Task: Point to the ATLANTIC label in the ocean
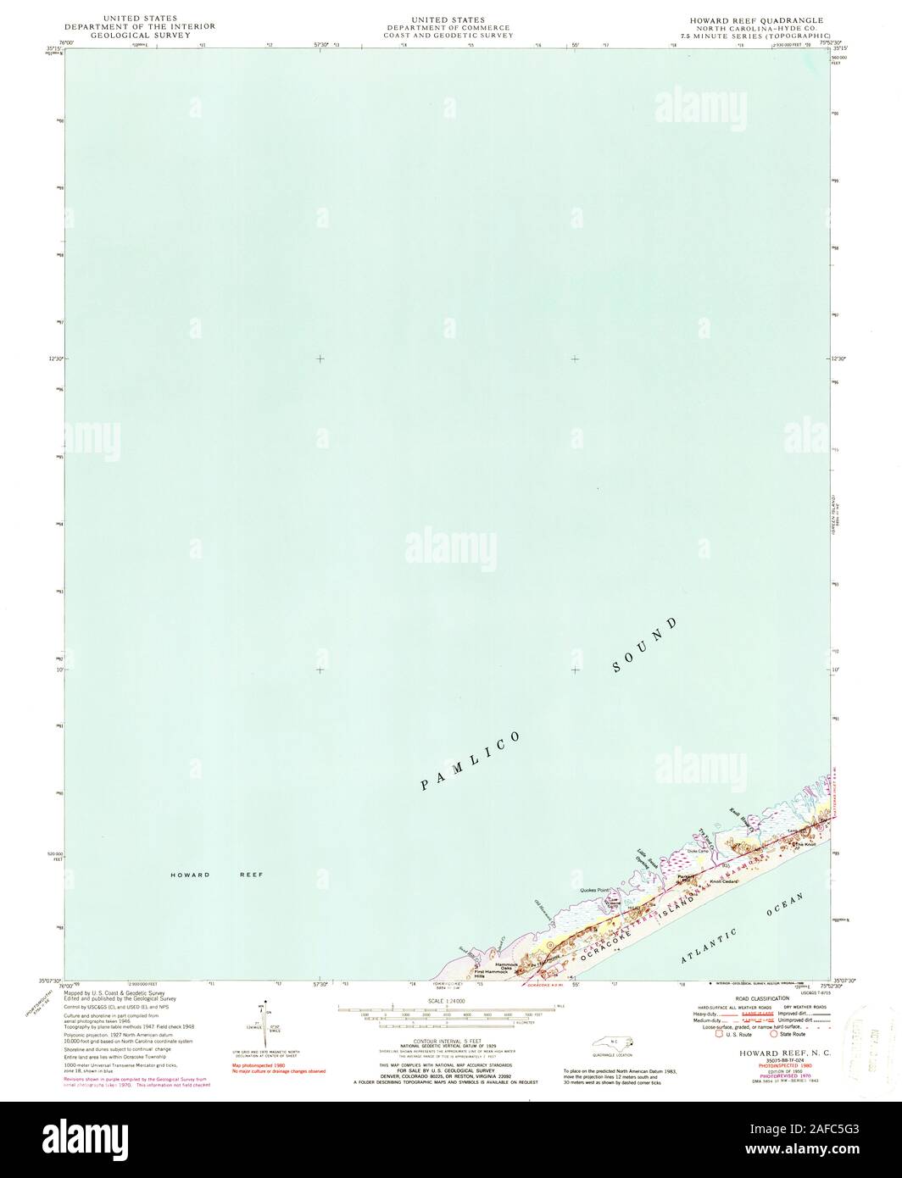(710, 946)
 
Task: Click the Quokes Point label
(595, 890)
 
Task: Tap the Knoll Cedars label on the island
(725, 881)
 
